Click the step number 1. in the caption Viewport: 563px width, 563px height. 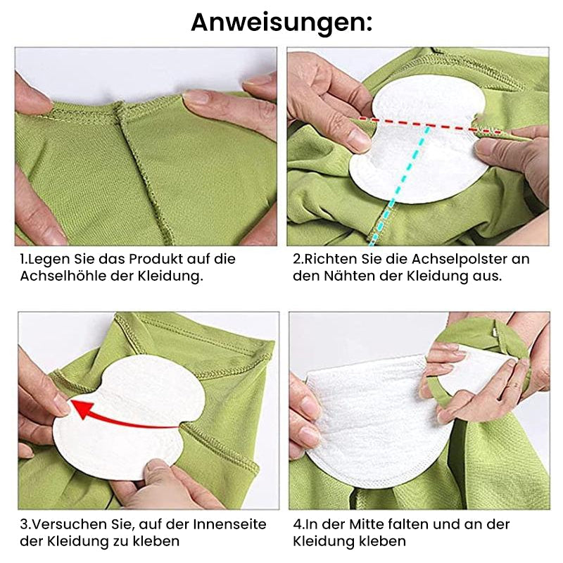(x=24, y=259)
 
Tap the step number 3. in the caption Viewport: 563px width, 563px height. (x=25, y=524)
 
